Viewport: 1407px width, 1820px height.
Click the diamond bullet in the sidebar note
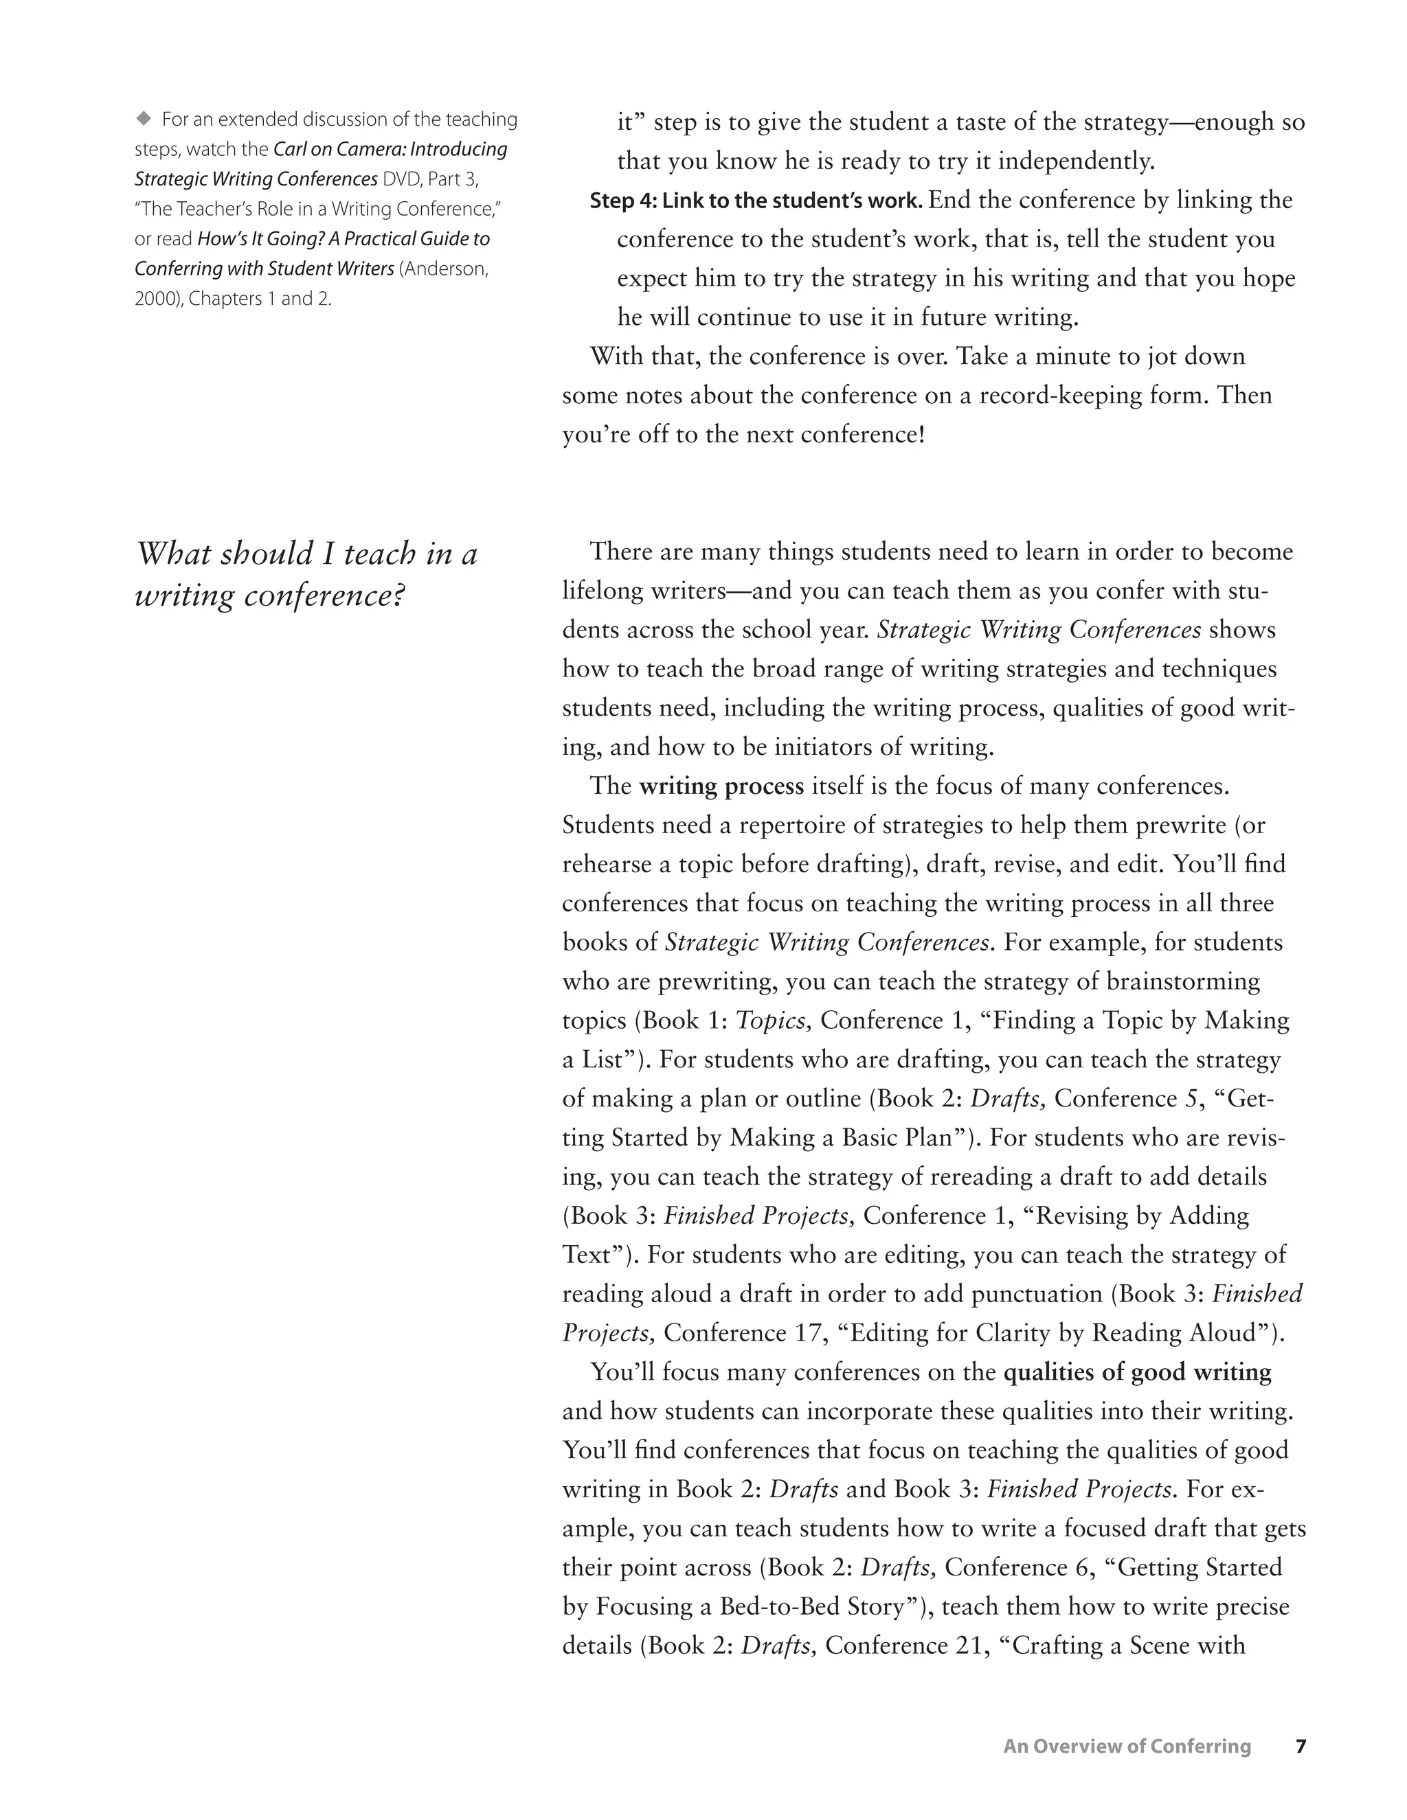tap(144, 118)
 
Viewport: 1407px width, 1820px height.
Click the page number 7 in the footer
tap(1301, 1745)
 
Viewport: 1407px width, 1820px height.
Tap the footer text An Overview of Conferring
tap(1127, 1745)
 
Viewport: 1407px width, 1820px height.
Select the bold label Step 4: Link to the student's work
tap(755, 201)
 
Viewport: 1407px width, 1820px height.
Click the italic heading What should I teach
tap(306, 554)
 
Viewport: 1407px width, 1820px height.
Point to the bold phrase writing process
tap(721, 786)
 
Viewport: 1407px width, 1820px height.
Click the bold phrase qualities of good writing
tap(1137, 1372)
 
